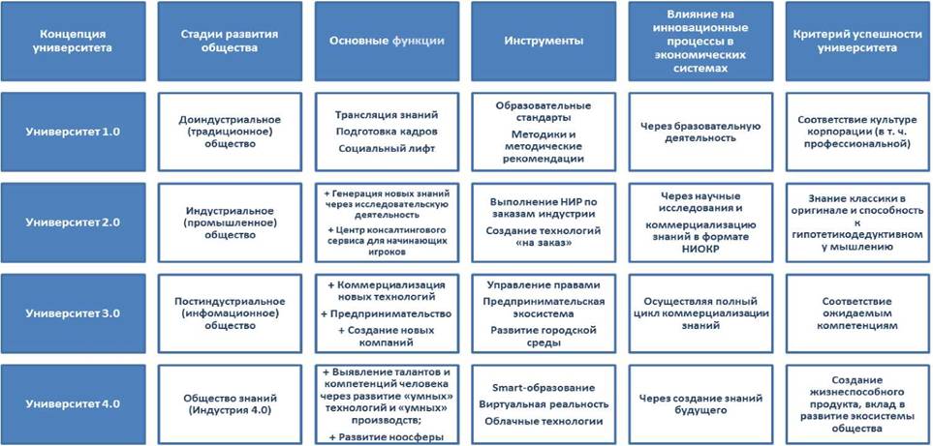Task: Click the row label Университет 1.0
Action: tap(74, 132)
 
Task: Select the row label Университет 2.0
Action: tap(74, 223)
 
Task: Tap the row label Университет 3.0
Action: tap(74, 313)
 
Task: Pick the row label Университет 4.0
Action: tap(74, 404)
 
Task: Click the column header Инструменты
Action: tap(544, 41)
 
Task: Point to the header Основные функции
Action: tap(387, 41)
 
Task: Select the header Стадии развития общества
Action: tap(230, 41)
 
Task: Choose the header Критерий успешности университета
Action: tap(857, 41)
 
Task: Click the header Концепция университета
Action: tap(74, 41)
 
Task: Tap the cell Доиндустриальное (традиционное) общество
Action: tap(230, 132)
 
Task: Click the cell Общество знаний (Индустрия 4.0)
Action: tap(230, 404)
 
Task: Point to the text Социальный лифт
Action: tap(387, 148)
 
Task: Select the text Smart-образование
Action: tap(544, 388)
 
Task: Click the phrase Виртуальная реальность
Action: tap(544, 404)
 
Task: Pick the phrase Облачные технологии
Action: tap(544, 421)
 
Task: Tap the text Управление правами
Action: tap(544, 285)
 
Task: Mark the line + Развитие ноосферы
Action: tap(387, 437)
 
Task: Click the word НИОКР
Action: tap(700, 250)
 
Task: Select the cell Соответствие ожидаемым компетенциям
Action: tap(857, 313)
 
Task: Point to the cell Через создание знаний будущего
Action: tap(700, 404)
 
